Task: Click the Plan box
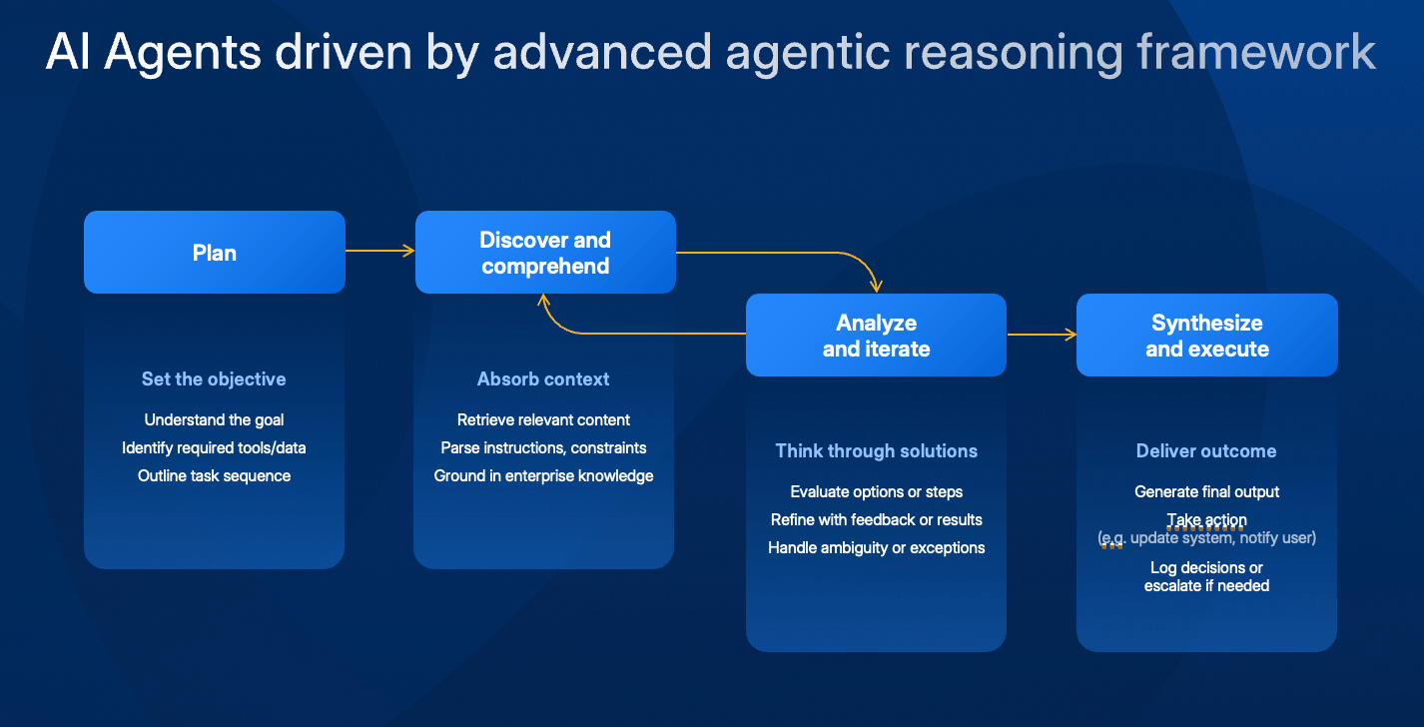(x=215, y=253)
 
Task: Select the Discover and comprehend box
(x=545, y=253)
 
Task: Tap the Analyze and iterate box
(x=876, y=335)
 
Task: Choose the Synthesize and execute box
(x=1206, y=335)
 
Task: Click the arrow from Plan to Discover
(x=380, y=251)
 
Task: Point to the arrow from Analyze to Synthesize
(x=1042, y=335)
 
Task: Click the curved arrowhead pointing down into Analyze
(x=876, y=286)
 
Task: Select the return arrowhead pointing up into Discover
(x=543, y=301)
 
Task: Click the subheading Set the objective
(x=214, y=378)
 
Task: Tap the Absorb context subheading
(x=543, y=378)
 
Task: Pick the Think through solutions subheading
(x=876, y=450)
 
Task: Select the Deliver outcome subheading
(x=1206, y=450)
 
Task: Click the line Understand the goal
(x=214, y=419)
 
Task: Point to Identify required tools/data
(x=214, y=447)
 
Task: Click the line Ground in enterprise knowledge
(x=543, y=476)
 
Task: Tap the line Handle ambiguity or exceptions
(x=876, y=548)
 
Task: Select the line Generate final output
(x=1206, y=491)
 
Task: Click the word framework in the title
(x=1256, y=52)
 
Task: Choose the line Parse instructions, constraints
(x=543, y=447)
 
